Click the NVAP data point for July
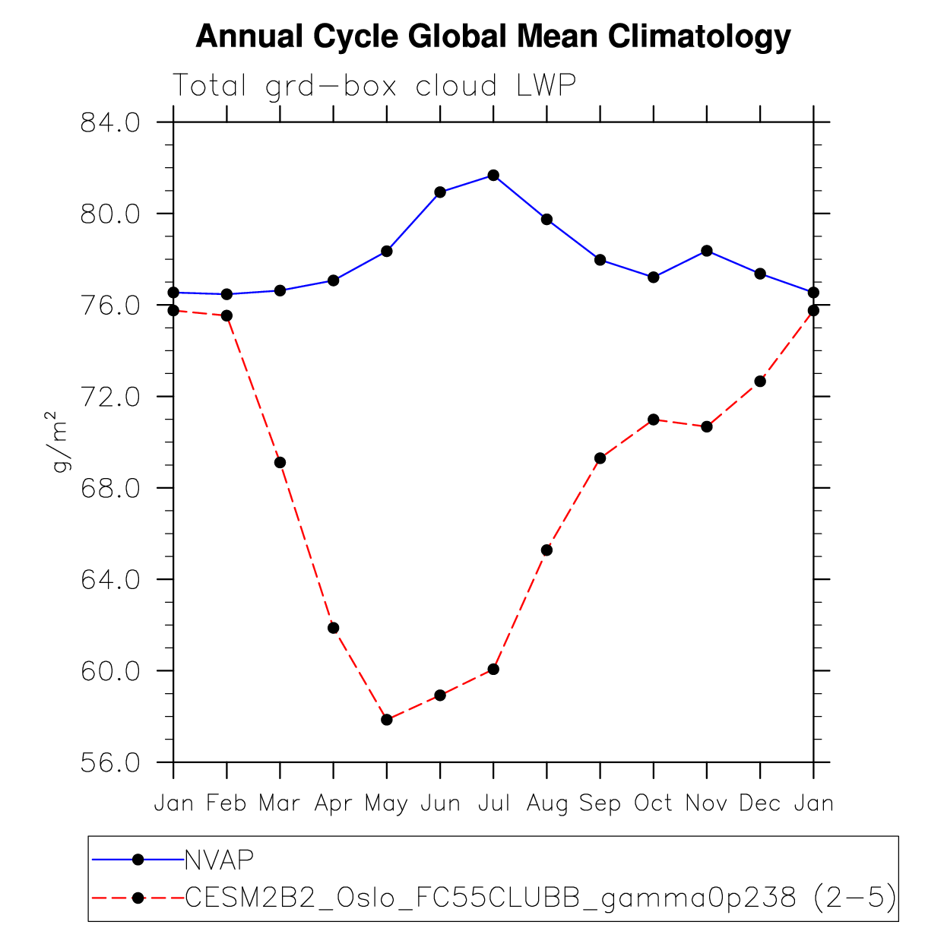(493, 176)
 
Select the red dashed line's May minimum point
(387, 720)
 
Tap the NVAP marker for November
(707, 251)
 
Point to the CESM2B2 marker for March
(280, 462)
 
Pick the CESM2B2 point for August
(546, 550)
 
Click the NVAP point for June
(440, 192)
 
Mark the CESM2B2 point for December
(760, 381)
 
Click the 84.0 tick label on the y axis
(110, 122)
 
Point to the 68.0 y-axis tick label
(110, 488)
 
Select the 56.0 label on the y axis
(110, 762)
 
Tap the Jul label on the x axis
(493, 803)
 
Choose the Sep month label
(600, 803)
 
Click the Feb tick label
(226, 803)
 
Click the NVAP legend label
(219, 860)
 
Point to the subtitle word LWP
(546, 85)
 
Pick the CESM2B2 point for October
(654, 420)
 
